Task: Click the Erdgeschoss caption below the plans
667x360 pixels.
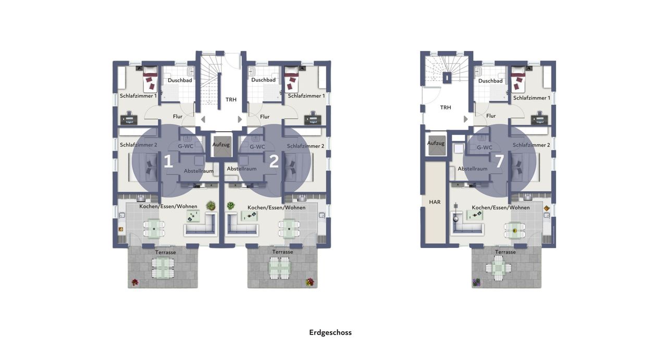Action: (330, 332)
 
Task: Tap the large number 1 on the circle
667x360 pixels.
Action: (168, 162)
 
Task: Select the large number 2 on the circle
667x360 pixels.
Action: (274, 162)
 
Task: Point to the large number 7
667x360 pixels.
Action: (499, 161)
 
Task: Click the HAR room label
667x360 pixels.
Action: (435, 202)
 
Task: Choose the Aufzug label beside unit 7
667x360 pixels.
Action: (436, 143)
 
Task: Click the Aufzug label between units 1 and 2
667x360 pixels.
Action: (221, 145)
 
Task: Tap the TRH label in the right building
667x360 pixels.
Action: (446, 107)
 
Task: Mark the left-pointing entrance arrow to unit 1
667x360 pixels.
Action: (203, 119)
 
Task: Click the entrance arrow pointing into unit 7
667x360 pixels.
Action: (466, 119)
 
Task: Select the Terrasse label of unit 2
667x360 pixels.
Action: (282, 252)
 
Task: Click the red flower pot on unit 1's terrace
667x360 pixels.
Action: (135, 282)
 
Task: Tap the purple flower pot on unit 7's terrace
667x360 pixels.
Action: (476, 282)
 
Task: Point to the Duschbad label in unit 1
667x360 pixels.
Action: (180, 80)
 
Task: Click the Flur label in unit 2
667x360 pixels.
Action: (265, 117)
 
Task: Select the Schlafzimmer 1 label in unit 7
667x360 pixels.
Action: (532, 98)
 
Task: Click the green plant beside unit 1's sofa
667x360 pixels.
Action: (211, 205)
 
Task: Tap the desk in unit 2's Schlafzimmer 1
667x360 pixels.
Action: (313, 120)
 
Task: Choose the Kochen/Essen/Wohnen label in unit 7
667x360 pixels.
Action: (501, 207)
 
